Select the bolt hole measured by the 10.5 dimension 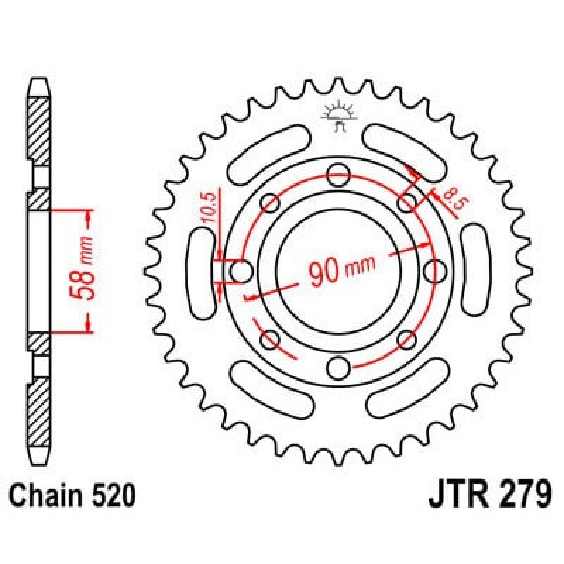coord(242,272)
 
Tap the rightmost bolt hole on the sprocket coord(435,272)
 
